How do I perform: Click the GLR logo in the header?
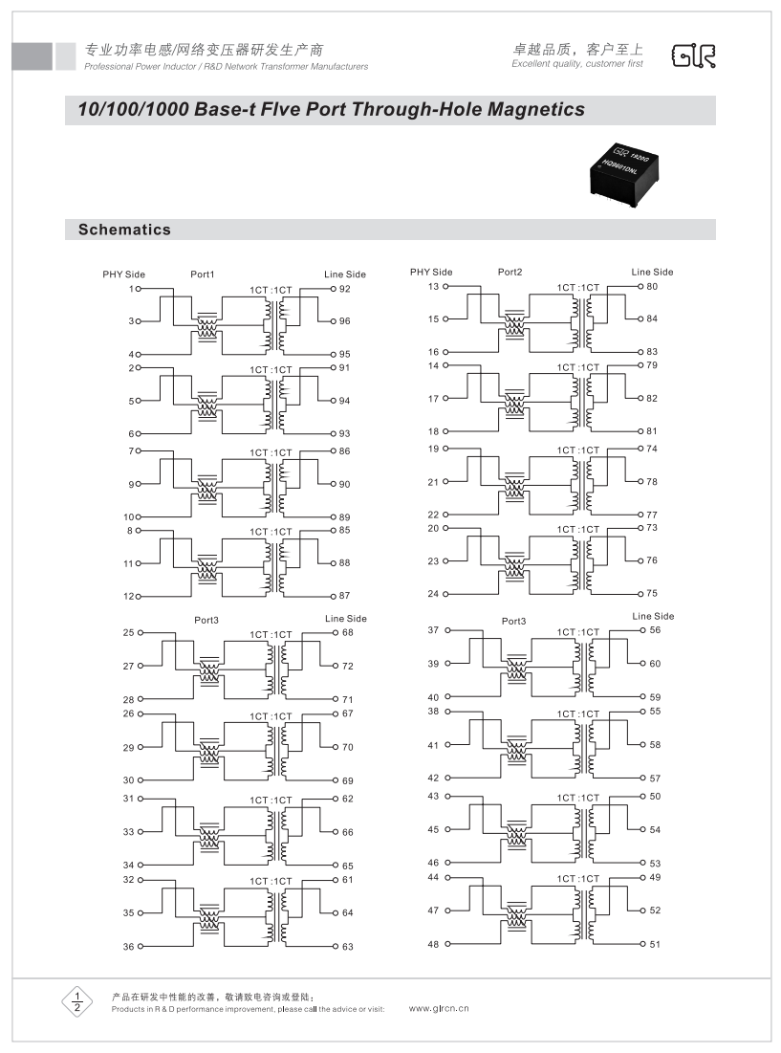tap(694, 56)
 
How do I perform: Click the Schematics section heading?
tap(124, 230)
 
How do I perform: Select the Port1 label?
tap(203, 274)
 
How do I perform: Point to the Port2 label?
tap(510, 272)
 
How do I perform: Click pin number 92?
tap(345, 288)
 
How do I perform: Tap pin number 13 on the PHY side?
tap(433, 287)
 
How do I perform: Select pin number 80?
tap(652, 286)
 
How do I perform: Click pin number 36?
tap(128, 947)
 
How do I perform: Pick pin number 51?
tap(654, 945)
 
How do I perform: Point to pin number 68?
tap(347, 632)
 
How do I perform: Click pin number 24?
tap(433, 594)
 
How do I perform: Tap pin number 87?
tap(345, 596)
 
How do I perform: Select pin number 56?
tap(654, 630)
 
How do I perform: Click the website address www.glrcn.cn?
tap(439, 1008)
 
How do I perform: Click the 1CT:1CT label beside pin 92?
tap(271, 289)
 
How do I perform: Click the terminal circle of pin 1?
tap(139, 288)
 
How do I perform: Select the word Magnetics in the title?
tap(535, 109)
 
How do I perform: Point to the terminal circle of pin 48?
tap(445, 944)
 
